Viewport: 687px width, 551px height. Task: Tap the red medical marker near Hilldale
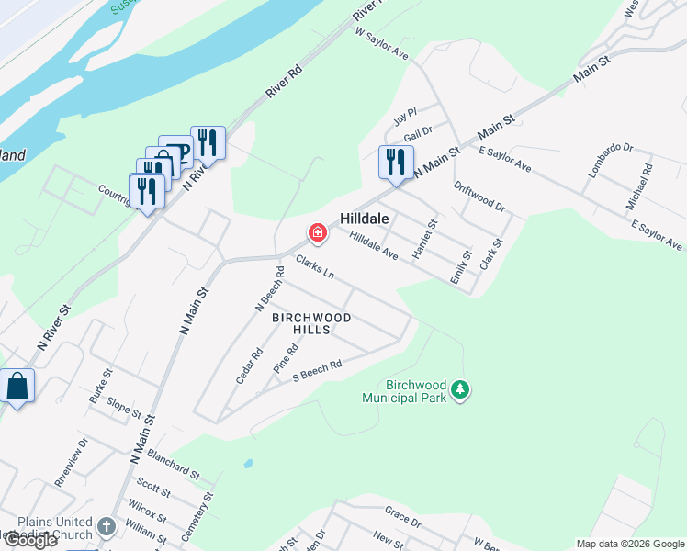[318, 233]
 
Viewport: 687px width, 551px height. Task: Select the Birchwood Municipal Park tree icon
[461, 391]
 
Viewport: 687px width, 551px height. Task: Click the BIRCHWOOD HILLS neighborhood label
[310, 323]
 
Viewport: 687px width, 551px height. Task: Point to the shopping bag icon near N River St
[17, 385]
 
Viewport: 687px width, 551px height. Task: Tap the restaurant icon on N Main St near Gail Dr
[396, 163]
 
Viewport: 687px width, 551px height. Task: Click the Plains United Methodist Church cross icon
[107, 527]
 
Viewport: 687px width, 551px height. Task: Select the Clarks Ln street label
[314, 268]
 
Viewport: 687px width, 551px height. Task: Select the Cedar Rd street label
[249, 365]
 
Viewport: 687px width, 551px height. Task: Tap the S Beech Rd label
[317, 371]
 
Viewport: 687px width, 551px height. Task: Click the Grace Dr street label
[402, 522]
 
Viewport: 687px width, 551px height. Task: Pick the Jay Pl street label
[405, 118]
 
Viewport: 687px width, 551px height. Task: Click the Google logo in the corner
[30, 540]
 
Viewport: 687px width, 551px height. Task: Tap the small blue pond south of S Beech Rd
[246, 464]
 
